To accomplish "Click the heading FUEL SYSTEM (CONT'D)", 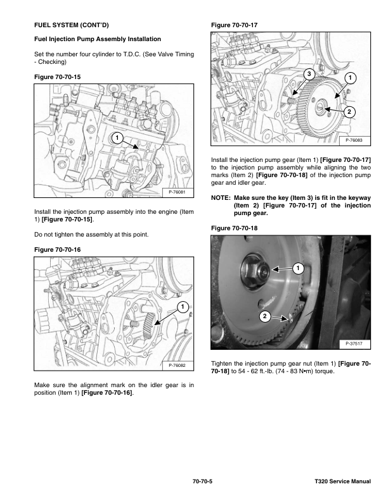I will (70, 25).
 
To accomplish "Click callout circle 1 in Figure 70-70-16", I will (181, 307).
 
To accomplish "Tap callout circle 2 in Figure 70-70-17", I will (349, 111).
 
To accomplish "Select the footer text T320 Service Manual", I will (341, 482).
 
